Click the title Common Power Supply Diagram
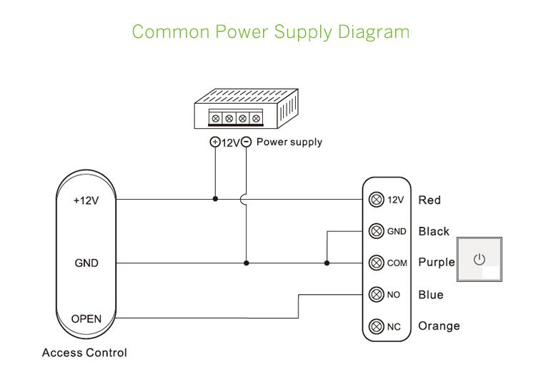[x=271, y=32]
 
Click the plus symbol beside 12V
[x=214, y=142]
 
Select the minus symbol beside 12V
[x=246, y=142]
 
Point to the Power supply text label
[x=289, y=142]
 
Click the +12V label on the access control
[x=86, y=200]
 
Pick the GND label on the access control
[x=86, y=263]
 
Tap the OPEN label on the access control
[x=86, y=318]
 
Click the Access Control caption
[x=84, y=353]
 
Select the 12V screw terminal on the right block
[x=377, y=200]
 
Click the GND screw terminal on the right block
[x=377, y=231]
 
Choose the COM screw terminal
[x=377, y=263]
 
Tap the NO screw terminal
[x=377, y=294]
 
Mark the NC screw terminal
[x=377, y=326]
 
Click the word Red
[x=430, y=200]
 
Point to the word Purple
[x=436, y=263]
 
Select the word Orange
[x=439, y=326]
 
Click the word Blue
[x=431, y=295]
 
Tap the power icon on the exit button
[x=480, y=259]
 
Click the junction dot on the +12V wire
[x=215, y=200]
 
